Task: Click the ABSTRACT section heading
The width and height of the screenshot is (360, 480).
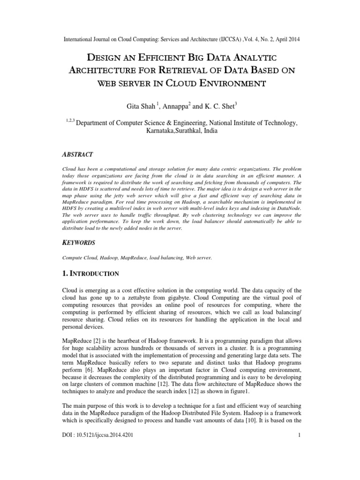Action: coord(78,154)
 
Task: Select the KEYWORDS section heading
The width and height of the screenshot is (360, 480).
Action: coord(79,243)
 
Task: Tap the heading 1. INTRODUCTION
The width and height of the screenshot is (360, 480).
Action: coord(91,273)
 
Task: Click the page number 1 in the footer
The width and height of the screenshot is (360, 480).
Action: coord(298,463)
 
